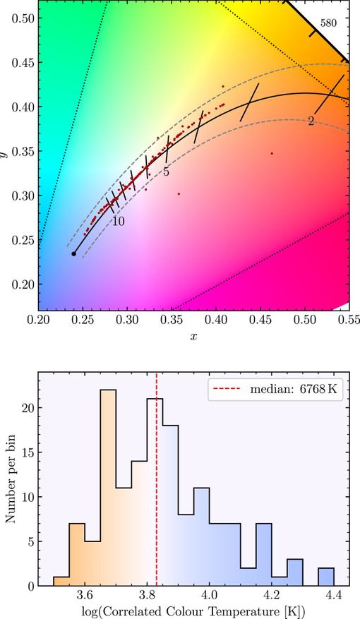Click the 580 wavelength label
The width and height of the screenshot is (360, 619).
click(x=328, y=23)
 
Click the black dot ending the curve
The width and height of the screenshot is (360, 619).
click(x=74, y=253)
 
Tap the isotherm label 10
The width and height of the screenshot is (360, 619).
click(x=118, y=222)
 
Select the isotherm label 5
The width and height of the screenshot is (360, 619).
click(x=166, y=172)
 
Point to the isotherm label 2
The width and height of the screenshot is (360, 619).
click(x=311, y=121)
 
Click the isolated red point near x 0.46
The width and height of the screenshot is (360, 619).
click(x=272, y=153)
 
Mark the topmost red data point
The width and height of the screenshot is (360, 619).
click(x=223, y=86)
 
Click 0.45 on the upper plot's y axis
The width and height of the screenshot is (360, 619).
click(x=23, y=63)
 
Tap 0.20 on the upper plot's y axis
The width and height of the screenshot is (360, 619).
click(x=23, y=284)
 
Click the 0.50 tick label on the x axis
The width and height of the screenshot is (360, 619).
click(x=304, y=319)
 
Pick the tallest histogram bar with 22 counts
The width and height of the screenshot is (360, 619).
click(x=108, y=488)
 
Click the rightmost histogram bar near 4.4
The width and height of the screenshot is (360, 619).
click(x=326, y=577)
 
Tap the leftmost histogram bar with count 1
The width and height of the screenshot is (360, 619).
click(x=61, y=582)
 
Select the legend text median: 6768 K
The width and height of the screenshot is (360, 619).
click(x=294, y=389)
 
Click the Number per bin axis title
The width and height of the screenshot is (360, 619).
click(x=11, y=479)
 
